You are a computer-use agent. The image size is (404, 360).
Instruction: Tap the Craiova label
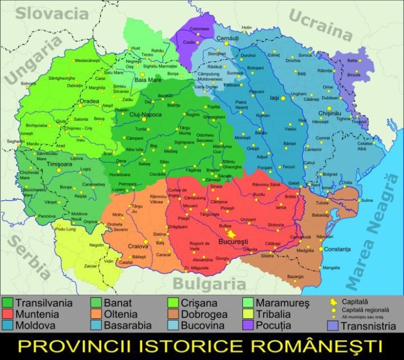139,247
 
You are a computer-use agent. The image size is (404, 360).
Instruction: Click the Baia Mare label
148,80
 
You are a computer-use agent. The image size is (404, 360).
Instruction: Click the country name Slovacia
47,12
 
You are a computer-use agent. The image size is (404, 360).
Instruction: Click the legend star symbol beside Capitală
332,302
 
